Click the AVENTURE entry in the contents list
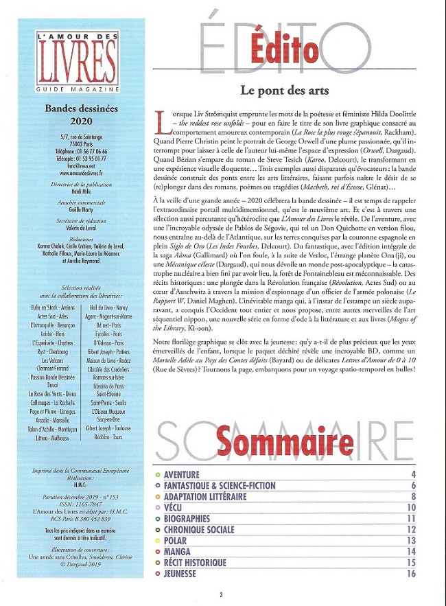(182, 474)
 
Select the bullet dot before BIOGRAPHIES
(159, 519)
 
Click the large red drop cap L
(162, 121)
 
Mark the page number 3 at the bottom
(221, 594)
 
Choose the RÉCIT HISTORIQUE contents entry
(196, 563)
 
